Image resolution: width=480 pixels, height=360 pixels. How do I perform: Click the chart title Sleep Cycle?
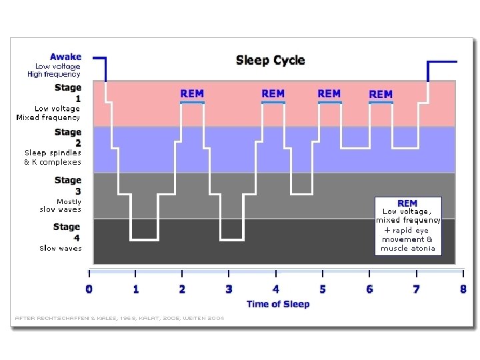pyautogui.click(x=270, y=61)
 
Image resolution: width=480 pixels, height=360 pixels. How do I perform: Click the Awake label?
pyautogui.click(x=65, y=57)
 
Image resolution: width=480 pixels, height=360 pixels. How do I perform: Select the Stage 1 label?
pyautogui.click(x=67, y=92)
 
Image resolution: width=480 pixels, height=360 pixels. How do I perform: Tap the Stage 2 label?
pyautogui.click(x=67, y=137)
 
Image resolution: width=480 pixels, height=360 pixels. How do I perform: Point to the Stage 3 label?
pyautogui.click(x=67, y=185)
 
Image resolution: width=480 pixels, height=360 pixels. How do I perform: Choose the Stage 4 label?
pyautogui.click(x=67, y=231)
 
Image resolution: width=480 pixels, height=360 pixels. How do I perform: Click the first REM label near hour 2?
pyautogui.click(x=192, y=94)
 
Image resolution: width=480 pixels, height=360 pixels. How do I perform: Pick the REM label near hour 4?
pyautogui.click(x=273, y=94)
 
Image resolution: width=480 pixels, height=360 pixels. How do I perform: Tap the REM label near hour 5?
pyautogui.click(x=329, y=94)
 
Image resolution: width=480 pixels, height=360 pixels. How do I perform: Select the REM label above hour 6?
pyautogui.click(x=381, y=95)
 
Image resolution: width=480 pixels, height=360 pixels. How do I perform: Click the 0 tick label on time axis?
pyautogui.click(x=89, y=289)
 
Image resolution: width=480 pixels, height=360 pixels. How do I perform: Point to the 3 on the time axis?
pyautogui.click(x=229, y=289)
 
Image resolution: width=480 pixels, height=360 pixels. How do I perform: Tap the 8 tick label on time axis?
pyautogui.click(x=463, y=289)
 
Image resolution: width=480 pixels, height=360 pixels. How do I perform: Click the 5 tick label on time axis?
pyautogui.click(x=323, y=289)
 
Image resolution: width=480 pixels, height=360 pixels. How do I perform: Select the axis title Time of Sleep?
pyautogui.click(x=278, y=305)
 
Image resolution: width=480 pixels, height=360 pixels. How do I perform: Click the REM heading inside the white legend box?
pyautogui.click(x=407, y=203)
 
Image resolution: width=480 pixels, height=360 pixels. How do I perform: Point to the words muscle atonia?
pyautogui.click(x=407, y=249)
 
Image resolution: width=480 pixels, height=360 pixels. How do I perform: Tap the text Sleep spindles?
pyautogui.click(x=53, y=153)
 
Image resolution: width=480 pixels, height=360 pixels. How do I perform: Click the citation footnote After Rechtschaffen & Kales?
pyautogui.click(x=119, y=318)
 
